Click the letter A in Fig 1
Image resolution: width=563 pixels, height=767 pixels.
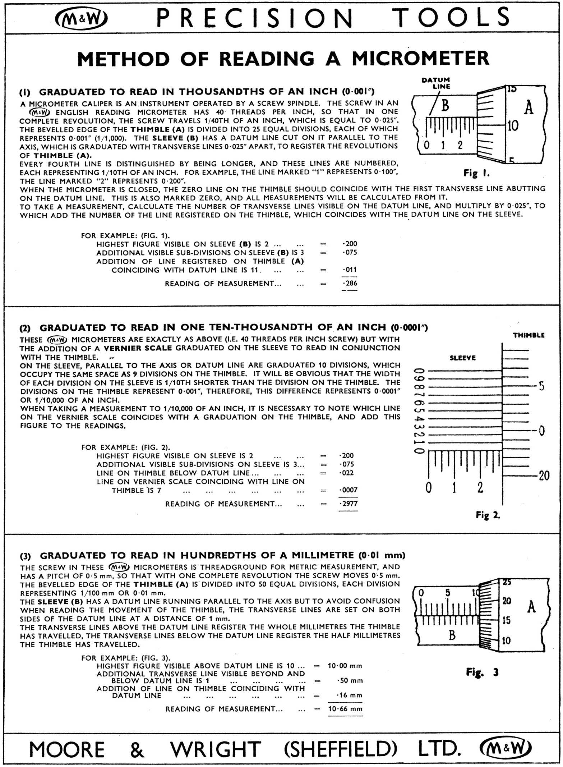tap(529, 108)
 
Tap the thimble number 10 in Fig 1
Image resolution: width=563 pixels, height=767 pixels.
tap(513, 126)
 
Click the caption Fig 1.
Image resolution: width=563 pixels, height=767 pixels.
tap(476, 174)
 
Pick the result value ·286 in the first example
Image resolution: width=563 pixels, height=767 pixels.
tap(350, 283)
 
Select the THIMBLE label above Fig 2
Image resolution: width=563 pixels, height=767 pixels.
tap(529, 335)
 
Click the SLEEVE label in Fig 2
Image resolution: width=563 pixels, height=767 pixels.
tap(462, 358)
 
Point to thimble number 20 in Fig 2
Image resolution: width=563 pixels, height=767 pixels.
tap(544, 476)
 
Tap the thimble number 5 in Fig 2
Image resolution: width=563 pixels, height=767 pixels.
tap(541, 387)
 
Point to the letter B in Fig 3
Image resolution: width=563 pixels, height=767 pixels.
tap(452, 635)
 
